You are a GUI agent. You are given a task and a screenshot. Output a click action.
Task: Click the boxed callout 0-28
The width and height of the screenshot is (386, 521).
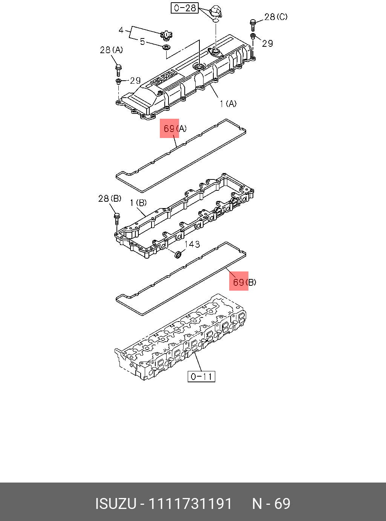(185, 8)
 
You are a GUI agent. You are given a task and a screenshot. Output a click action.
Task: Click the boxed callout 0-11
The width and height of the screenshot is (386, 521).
(201, 376)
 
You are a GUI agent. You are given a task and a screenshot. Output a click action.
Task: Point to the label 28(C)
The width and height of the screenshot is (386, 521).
(276, 17)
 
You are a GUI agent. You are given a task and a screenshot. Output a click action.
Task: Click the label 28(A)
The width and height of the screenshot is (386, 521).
(111, 50)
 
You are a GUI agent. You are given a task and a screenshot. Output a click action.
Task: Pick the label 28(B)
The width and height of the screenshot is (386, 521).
(110, 198)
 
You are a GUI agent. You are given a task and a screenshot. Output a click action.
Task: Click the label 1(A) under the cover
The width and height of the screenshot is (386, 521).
(228, 103)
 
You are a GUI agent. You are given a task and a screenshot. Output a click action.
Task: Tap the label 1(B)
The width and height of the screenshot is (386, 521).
(138, 203)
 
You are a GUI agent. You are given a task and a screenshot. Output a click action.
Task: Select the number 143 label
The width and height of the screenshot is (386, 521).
(192, 244)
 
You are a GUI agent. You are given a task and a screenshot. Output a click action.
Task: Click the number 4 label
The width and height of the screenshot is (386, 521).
(121, 30)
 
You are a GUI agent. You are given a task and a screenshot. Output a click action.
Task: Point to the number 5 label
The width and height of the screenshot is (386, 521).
(142, 41)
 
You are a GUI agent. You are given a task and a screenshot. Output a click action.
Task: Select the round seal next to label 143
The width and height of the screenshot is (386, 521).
(178, 255)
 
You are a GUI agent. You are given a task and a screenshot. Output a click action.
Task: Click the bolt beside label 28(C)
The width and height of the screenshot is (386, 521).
(253, 25)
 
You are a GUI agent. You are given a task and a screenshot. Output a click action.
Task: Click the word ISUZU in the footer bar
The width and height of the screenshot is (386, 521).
(115, 504)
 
